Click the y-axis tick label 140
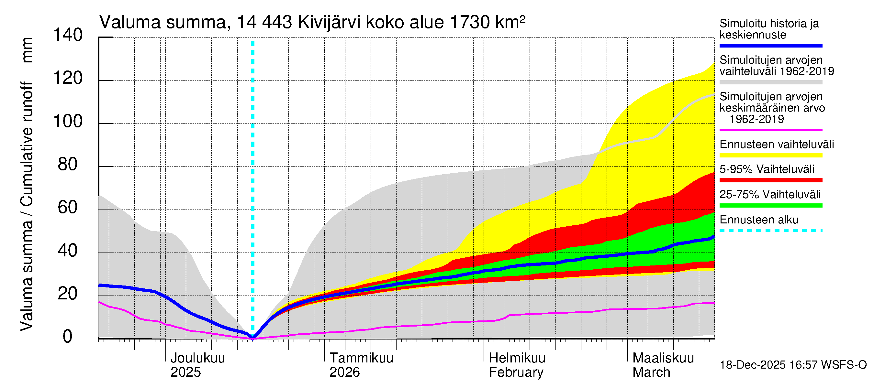(x=68, y=35)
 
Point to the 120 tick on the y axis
(x=68, y=78)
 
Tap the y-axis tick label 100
(x=68, y=121)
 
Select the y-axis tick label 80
(x=68, y=164)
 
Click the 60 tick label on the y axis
(x=68, y=207)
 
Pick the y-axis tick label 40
(x=68, y=251)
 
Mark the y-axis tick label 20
(x=68, y=294)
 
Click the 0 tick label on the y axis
(x=68, y=337)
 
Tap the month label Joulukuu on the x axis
(x=197, y=358)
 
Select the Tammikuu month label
(x=361, y=358)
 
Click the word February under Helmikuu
(x=516, y=372)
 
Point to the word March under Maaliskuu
(x=651, y=372)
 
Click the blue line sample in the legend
(x=770, y=46)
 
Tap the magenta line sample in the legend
(x=770, y=130)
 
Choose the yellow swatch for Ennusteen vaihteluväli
(x=770, y=155)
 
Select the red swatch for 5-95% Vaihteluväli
(x=770, y=180)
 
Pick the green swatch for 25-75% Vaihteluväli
(x=770, y=205)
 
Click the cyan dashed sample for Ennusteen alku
(x=770, y=231)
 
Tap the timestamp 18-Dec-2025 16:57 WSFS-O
(x=793, y=365)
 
